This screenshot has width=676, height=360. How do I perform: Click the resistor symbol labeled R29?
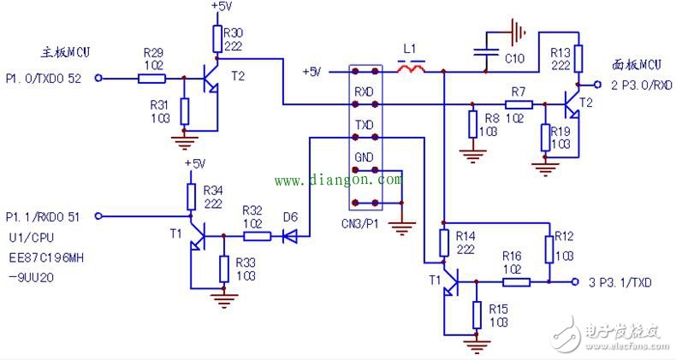(x=151, y=79)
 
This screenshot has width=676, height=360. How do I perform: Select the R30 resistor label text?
(x=233, y=32)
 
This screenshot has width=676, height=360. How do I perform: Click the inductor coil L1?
(x=416, y=68)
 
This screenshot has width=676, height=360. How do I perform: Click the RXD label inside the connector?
(x=365, y=89)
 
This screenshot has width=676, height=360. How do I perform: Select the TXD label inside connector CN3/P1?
(x=365, y=124)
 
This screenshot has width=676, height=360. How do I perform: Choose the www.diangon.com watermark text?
(x=337, y=180)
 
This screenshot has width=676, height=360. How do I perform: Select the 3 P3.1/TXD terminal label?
(x=620, y=281)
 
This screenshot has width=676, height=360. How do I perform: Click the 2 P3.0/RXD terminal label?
(x=630, y=85)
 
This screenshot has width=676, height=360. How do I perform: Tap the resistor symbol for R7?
(x=518, y=104)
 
